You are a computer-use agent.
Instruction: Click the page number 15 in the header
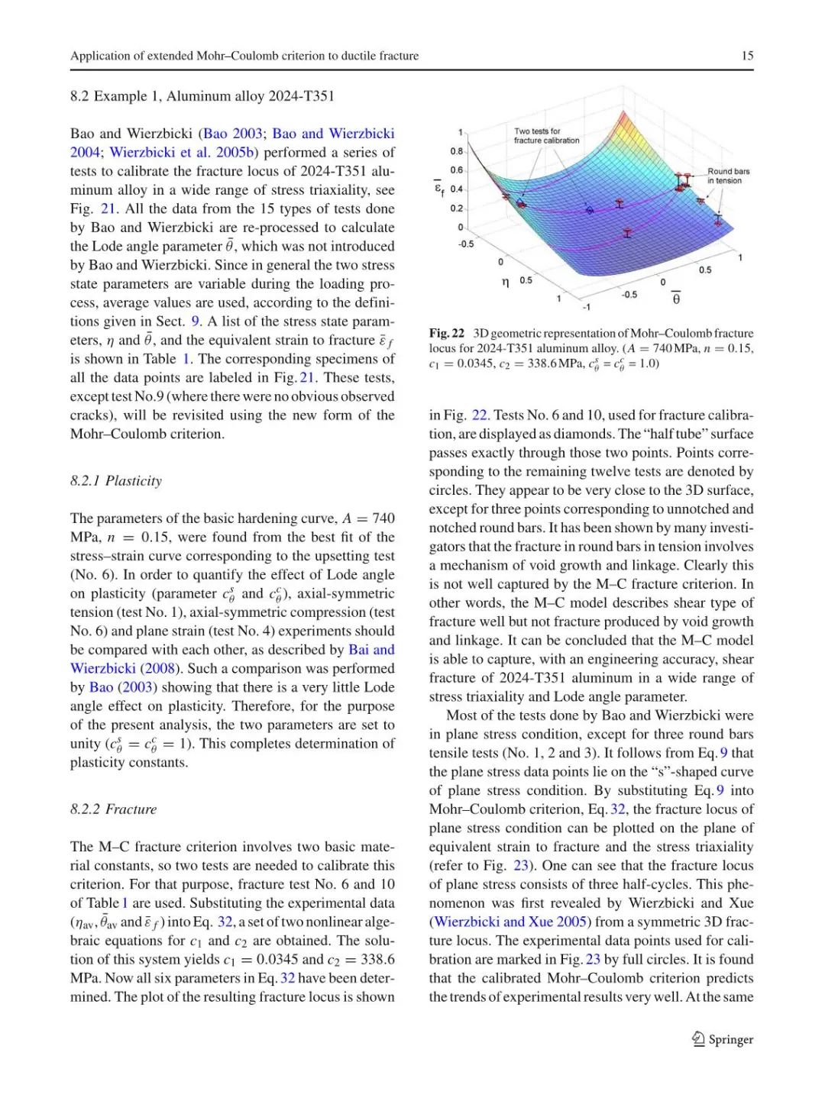pyautogui.click(x=747, y=56)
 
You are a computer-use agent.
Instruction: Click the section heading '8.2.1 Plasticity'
pyautogui.click(x=116, y=480)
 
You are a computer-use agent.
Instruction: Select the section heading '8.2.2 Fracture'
pyautogui.click(x=113, y=809)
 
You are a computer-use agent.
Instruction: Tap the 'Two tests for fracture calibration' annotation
pyautogui.click(x=546, y=136)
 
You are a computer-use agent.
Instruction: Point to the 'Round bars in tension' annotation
pyautogui.click(x=728, y=176)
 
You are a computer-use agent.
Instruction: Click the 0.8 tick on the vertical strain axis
pyautogui.click(x=456, y=151)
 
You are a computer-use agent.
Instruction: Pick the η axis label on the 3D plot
pyautogui.click(x=506, y=283)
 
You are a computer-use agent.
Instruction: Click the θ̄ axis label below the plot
pyautogui.click(x=676, y=298)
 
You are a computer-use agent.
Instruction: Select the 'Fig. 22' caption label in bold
pyautogui.click(x=447, y=333)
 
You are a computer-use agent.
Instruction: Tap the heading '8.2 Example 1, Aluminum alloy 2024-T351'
pyautogui.click(x=202, y=96)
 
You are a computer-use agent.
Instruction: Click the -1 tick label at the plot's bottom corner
pyautogui.click(x=586, y=307)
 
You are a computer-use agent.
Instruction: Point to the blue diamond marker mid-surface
pyautogui.click(x=590, y=210)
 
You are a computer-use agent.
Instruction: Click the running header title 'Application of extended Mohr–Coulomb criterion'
pyautogui.click(x=244, y=56)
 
